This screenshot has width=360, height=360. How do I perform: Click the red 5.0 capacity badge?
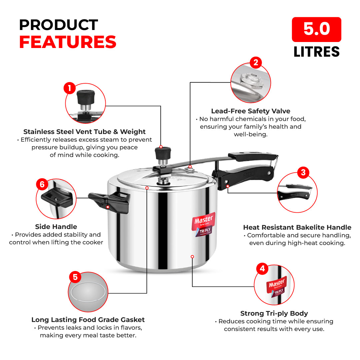(316, 29)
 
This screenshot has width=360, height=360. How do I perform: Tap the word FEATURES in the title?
(68, 42)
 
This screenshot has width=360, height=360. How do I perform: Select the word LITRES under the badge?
(316, 52)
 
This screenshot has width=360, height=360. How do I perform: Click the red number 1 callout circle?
(69, 88)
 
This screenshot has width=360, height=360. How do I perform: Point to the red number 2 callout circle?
(256, 62)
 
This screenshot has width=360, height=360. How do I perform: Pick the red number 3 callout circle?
(303, 172)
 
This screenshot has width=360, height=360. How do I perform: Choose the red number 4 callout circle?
(262, 269)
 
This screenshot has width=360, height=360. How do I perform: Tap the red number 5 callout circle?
(75, 277)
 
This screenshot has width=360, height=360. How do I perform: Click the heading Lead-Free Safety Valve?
(251, 111)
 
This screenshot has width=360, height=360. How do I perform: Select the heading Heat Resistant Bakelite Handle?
(297, 227)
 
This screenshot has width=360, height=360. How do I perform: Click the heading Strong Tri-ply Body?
(274, 313)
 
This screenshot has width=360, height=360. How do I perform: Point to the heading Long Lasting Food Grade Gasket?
(88, 320)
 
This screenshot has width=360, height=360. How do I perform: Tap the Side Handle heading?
(56, 227)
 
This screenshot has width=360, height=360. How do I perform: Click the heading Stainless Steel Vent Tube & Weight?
(84, 132)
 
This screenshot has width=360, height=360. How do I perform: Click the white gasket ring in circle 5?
(88, 292)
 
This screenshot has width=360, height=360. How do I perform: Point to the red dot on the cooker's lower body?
(192, 256)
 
